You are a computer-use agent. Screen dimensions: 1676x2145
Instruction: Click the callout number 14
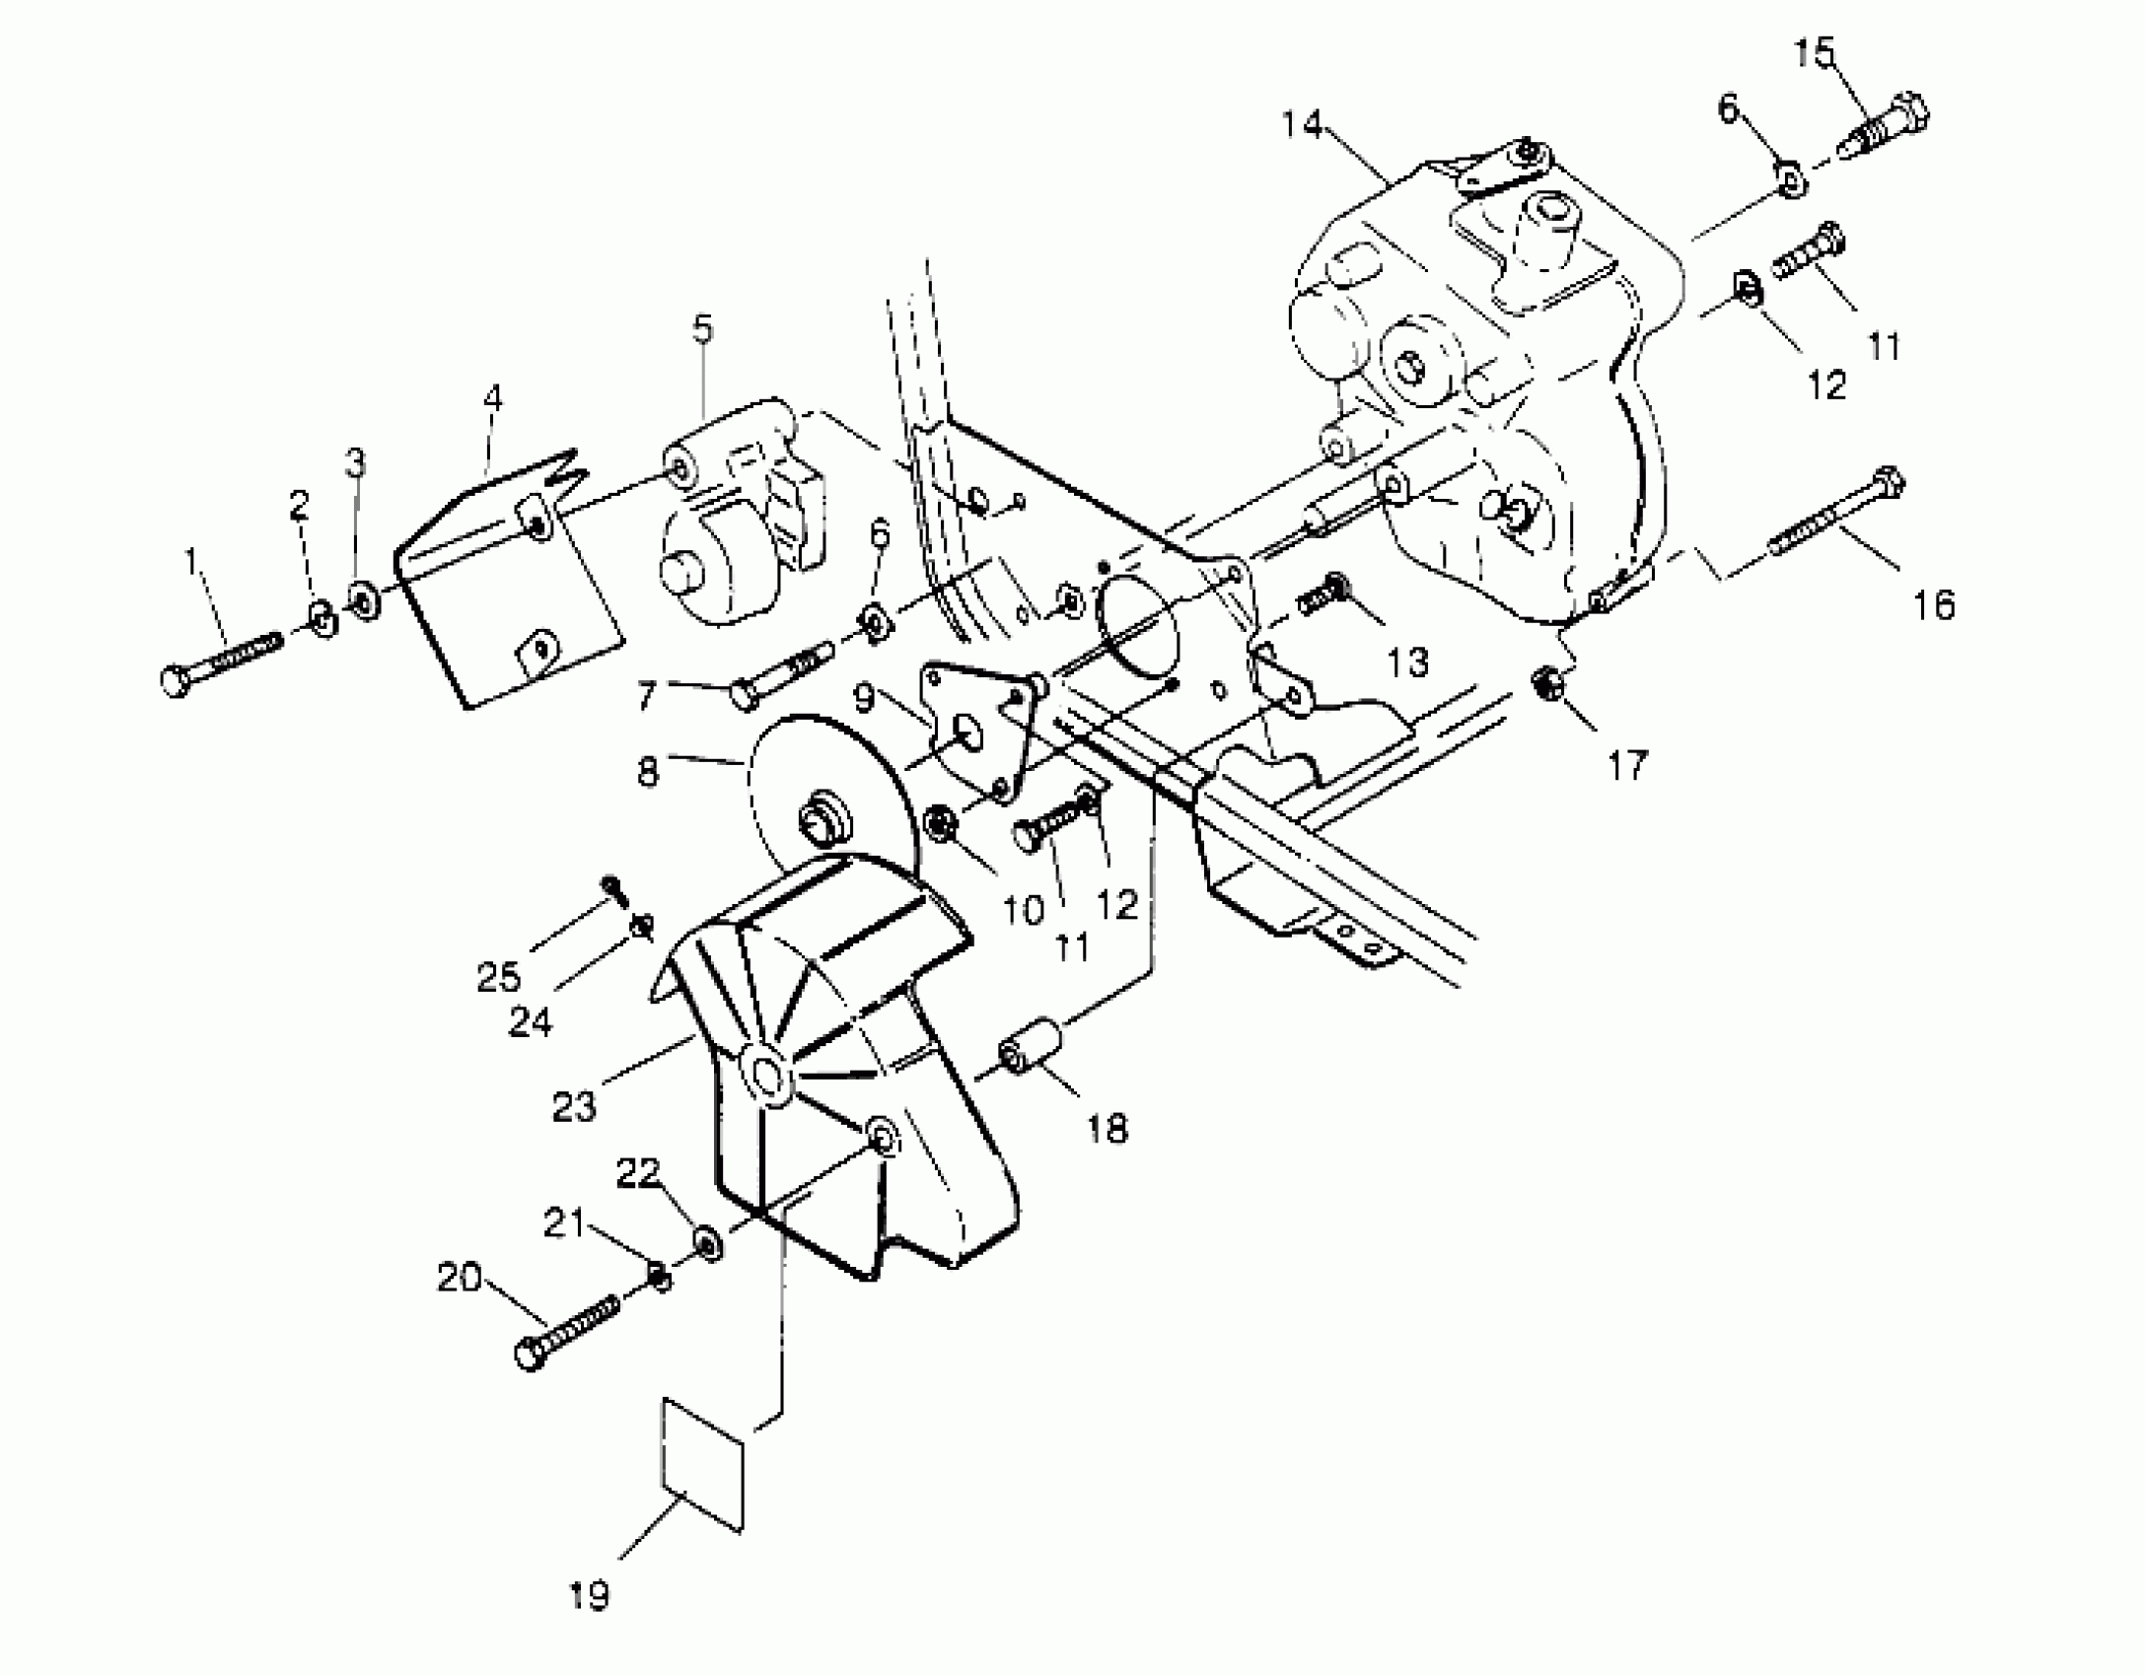pyautogui.click(x=1301, y=125)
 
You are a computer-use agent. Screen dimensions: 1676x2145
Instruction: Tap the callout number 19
pyautogui.click(x=589, y=1594)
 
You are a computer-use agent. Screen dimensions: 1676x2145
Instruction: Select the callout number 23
pyautogui.click(x=574, y=1107)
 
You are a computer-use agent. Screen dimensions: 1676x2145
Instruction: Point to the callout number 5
pyautogui.click(x=701, y=329)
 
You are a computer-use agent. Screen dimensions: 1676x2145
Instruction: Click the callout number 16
pyautogui.click(x=1934, y=604)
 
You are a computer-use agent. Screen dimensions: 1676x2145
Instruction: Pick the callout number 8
pyautogui.click(x=647, y=771)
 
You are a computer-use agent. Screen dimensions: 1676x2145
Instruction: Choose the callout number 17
pyautogui.click(x=1628, y=764)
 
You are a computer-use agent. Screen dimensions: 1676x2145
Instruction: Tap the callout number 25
pyautogui.click(x=498, y=977)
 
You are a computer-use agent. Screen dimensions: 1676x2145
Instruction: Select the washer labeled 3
pyautogui.click(x=364, y=598)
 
